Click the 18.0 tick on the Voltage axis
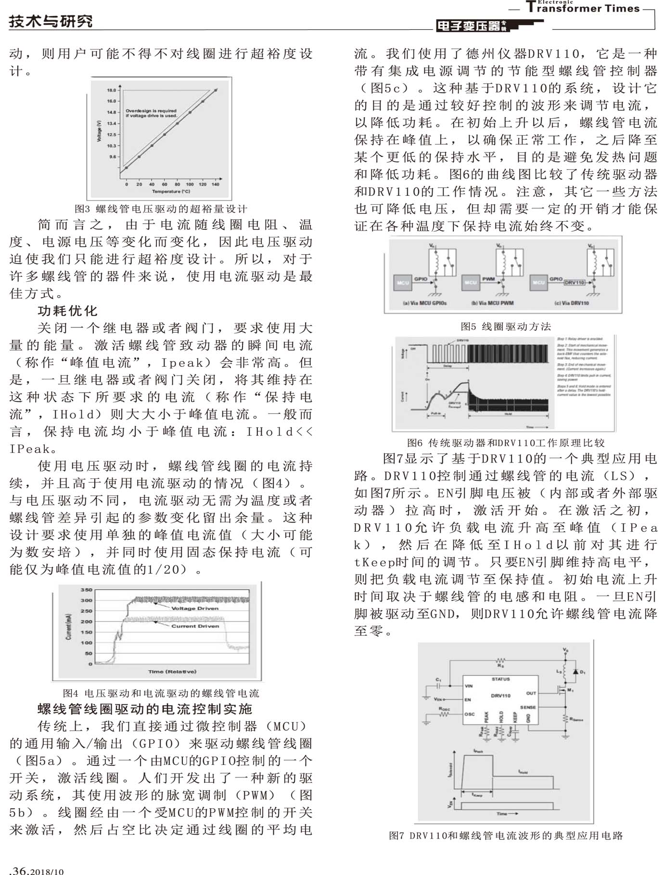pyautogui.click(x=111, y=90)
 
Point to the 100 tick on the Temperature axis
pyautogui.click(x=190, y=184)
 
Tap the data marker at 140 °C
pyautogui.click(x=216, y=90)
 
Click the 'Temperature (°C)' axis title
pyautogui.click(x=171, y=191)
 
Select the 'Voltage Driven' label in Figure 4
pyautogui.click(x=195, y=608)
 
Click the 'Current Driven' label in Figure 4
pyautogui.click(x=195, y=626)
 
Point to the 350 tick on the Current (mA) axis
pyautogui.click(x=86, y=590)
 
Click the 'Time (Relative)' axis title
pyautogui.click(x=172, y=671)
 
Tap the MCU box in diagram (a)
pyautogui.click(x=403, y=283)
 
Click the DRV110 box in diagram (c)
pyautogui.click(x=574, y=283)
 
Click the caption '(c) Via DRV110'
pyautogui.click(x=571, y=303)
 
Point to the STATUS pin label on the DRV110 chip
pyautogui.click(x=500, y=679)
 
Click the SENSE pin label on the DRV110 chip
pyautogui.click(x=528, y=707)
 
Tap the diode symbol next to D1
pyautogui.click(x=575, y=671)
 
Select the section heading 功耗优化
pyautogui.click(x=67, y=311)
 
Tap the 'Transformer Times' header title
pyautogui.click(x=583, y=8)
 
